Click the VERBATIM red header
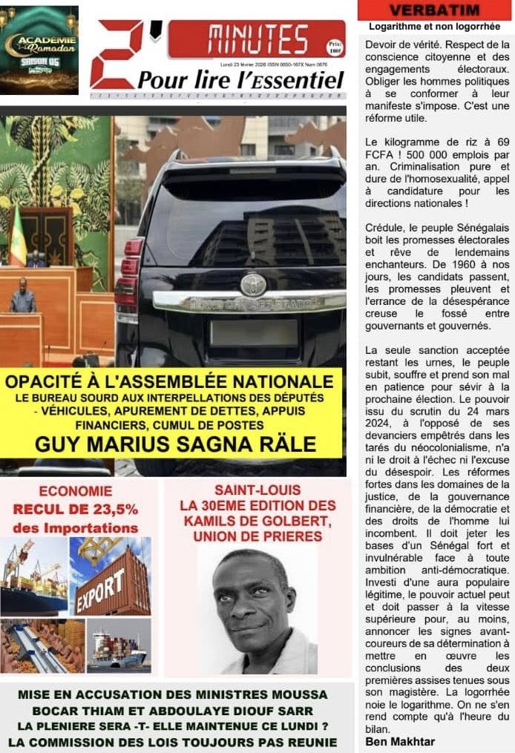434,10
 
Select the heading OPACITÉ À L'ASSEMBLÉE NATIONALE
169,382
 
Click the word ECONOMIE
76,491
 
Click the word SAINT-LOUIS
257,490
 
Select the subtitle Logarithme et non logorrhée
434,27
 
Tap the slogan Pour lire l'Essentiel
241,79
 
